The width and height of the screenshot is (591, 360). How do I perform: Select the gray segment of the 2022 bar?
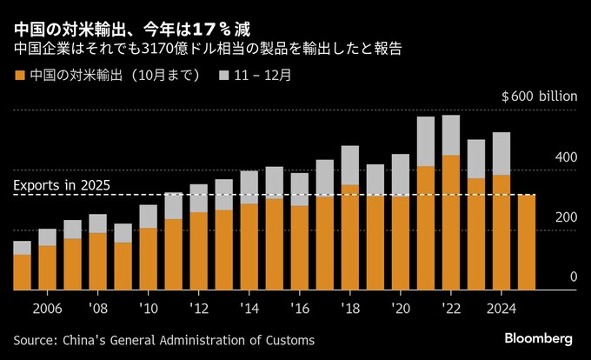tap(451, 135)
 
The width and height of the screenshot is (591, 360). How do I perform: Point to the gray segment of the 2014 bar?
tap(249, 187)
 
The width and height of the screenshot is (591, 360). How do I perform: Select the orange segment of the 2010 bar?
tap(149, 258)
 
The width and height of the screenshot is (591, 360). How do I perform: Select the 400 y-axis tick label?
tap(567, 157)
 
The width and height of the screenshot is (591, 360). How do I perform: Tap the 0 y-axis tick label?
tap(573, 277)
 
